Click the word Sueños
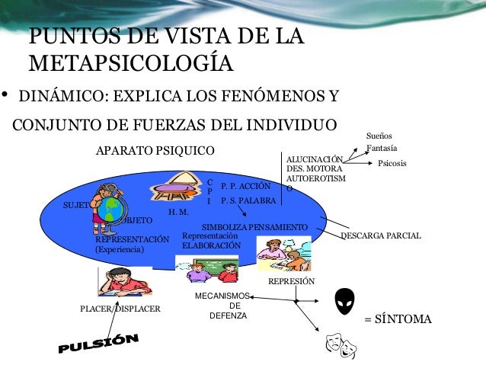pos(379,135)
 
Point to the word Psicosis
pos(392,164)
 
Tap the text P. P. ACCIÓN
pos(245,186)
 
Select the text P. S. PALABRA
pos(248,201)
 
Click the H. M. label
pos(177,212)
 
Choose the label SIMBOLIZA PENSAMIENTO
pos(254,227)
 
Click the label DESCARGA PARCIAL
pos(380,237)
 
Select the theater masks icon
pos(341,346)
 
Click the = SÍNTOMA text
pos(398,319)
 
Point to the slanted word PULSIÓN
pos(99,344)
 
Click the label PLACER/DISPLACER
pos(120,309)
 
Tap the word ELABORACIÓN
pos(210,246)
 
